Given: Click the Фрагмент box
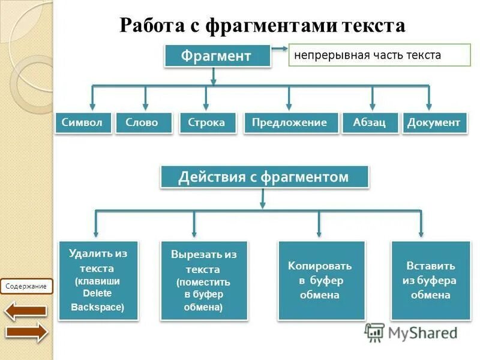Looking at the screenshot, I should [216, 56].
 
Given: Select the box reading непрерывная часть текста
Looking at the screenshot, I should [379, 55].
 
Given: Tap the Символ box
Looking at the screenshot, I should [83, 123].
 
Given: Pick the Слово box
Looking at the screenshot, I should [142, 123].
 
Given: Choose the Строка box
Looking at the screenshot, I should [206, 123].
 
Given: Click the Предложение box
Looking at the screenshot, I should [289, 123].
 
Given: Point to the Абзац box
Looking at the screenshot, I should [370, 123].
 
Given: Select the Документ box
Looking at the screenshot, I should [434, 123].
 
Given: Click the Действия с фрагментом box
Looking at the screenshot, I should [263, 177].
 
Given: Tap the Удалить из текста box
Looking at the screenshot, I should [98, 280].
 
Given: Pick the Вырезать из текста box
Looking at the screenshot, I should [203, 280].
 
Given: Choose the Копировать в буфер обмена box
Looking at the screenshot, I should [320, 280].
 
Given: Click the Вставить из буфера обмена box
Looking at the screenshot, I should [430, 280].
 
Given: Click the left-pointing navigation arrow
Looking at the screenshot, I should [26, 310].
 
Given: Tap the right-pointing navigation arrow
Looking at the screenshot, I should [26, 332].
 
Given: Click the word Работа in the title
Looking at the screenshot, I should [153, 26].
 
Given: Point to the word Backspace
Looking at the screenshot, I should [97, 308].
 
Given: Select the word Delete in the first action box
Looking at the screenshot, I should [97, 293].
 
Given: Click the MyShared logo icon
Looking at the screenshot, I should [374, 332].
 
